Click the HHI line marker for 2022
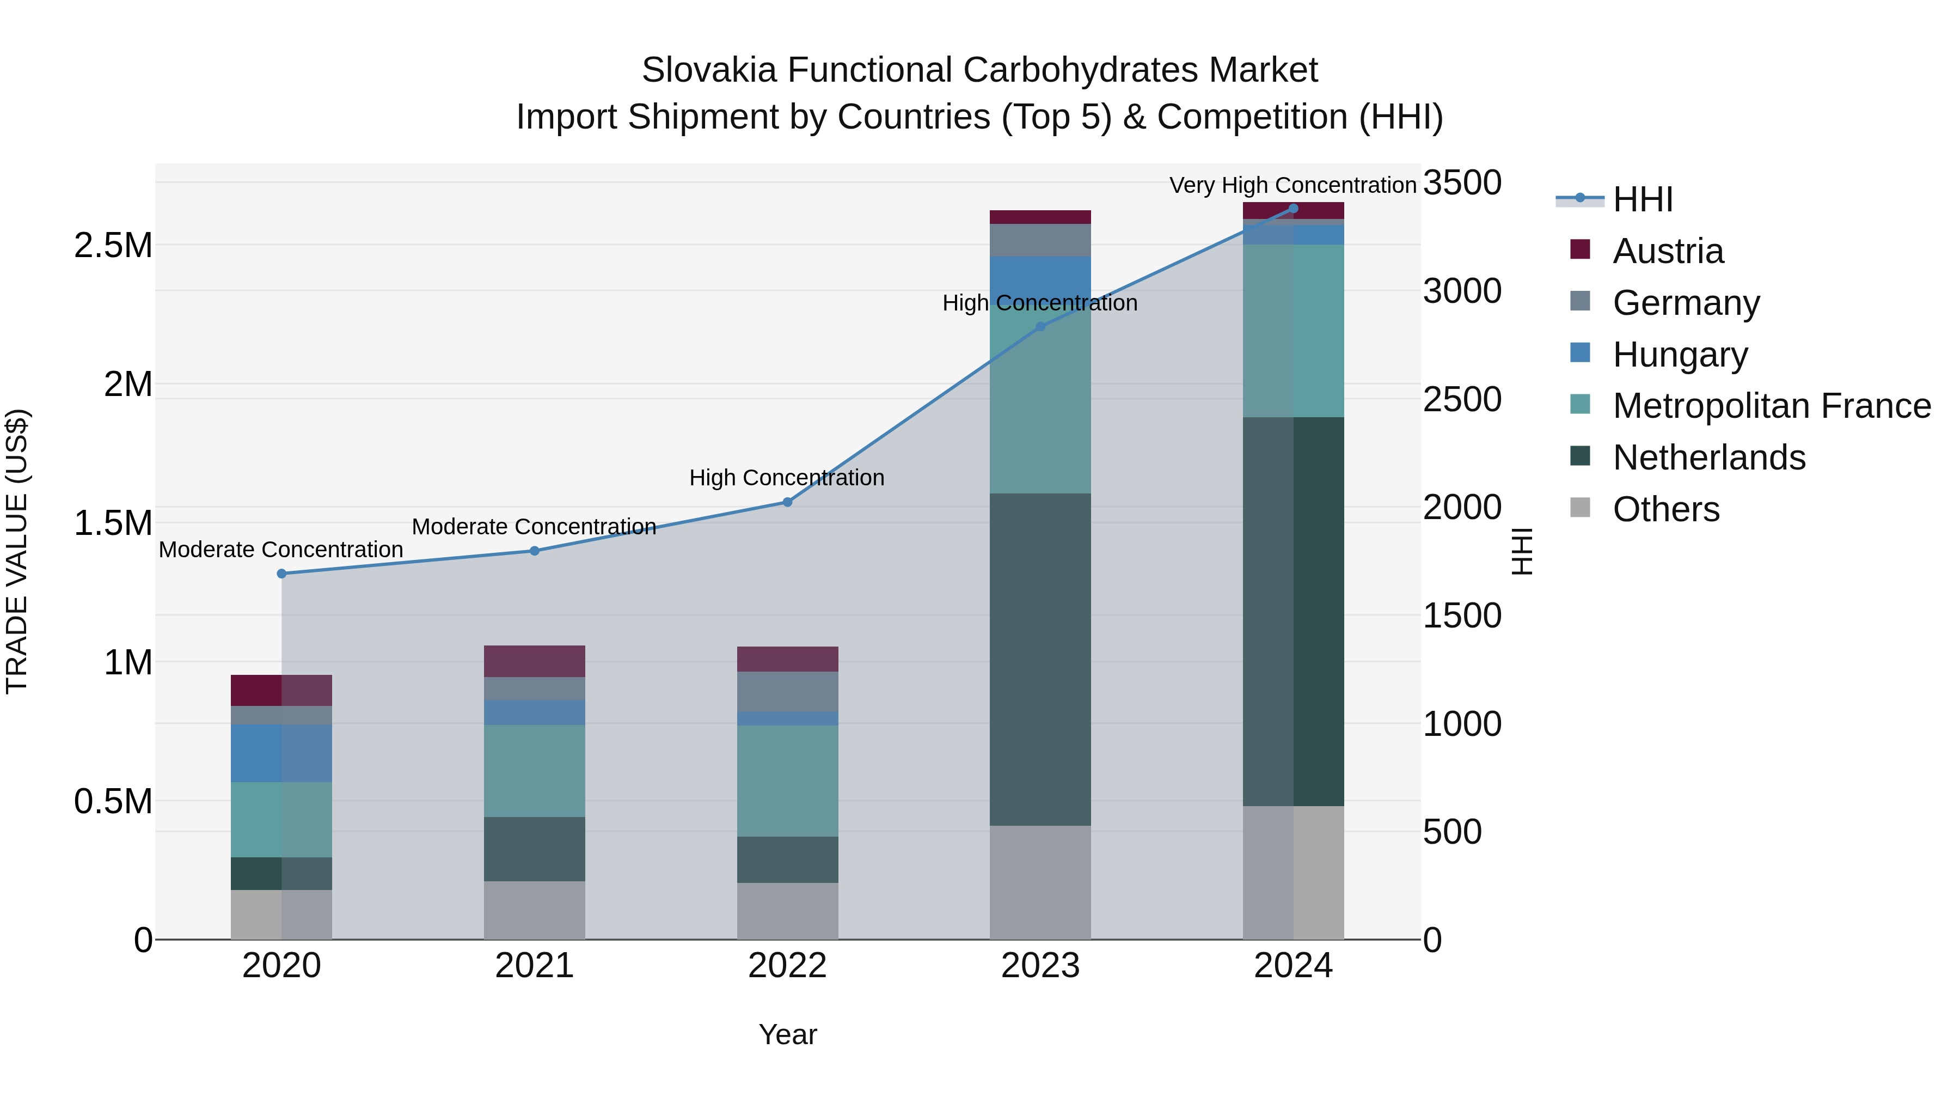(787, 502)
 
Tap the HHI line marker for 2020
(281, 574)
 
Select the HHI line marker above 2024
(1294, 209)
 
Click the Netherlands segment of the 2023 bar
(1040, 659)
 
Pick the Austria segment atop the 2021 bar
(534, 661)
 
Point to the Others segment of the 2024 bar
(1294, 873)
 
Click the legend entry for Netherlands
(1708, 458)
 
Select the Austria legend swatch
(1581, 249)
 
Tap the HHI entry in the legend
(1643, 199)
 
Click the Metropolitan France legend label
(1771, 406)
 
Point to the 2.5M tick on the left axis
(113, 246)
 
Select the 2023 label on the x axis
(1040, 966)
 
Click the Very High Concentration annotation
(1292, 185)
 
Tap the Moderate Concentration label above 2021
(534, 527)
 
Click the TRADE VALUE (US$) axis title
(17, 551)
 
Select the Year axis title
(787, 1034)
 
